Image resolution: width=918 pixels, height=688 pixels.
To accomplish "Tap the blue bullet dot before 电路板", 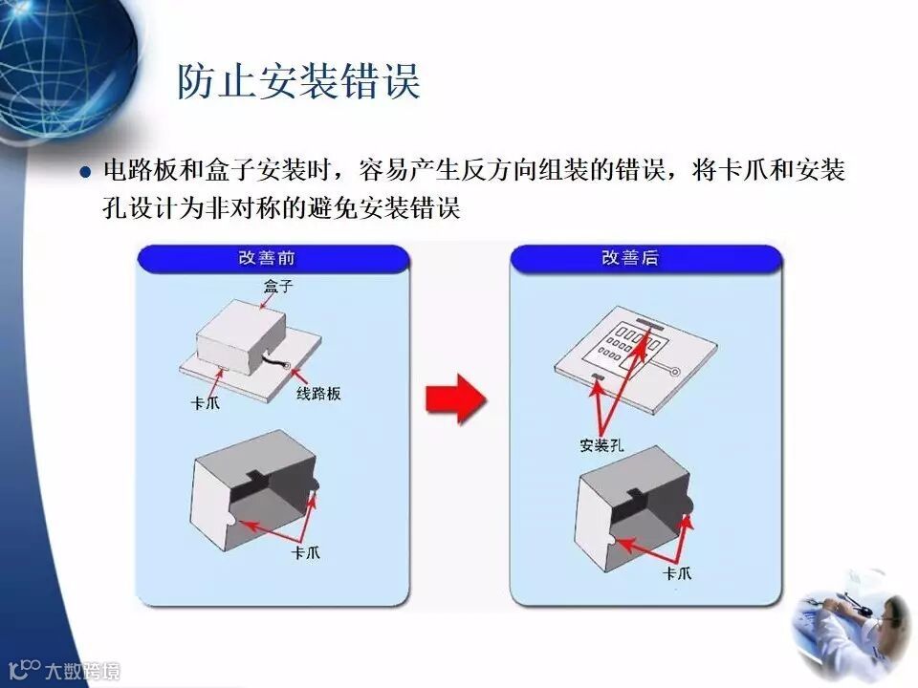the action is click(x=86, y=172).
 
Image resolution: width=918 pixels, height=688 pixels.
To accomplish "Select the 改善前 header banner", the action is click(x=273, y=259).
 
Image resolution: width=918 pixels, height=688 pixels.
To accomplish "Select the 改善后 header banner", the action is click(x=645, y=259).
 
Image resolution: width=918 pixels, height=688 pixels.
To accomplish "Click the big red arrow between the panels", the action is click(x=455, y=398).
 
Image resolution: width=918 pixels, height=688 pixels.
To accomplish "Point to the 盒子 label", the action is click(x=277, y=287).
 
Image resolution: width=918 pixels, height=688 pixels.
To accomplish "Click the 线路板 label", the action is click(x=318, y=394).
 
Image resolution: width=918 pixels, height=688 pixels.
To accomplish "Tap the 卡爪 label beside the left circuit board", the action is click(x=205, y=403).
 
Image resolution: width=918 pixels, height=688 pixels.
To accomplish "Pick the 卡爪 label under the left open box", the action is click(x=306, y=553).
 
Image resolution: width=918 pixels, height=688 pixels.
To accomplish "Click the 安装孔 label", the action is click(x=601, y=446).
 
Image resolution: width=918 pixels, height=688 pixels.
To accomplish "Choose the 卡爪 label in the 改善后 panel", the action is click(x=677, y=573).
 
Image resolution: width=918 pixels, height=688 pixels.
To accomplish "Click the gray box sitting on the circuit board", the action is click(x=241, y=337).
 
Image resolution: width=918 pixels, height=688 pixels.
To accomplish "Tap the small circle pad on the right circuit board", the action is click(x=674, y=372).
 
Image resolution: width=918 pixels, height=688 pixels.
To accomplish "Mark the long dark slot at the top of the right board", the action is click(x=648, y=325).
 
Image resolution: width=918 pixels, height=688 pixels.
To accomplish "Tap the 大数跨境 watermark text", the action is click(x=82, y=671).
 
